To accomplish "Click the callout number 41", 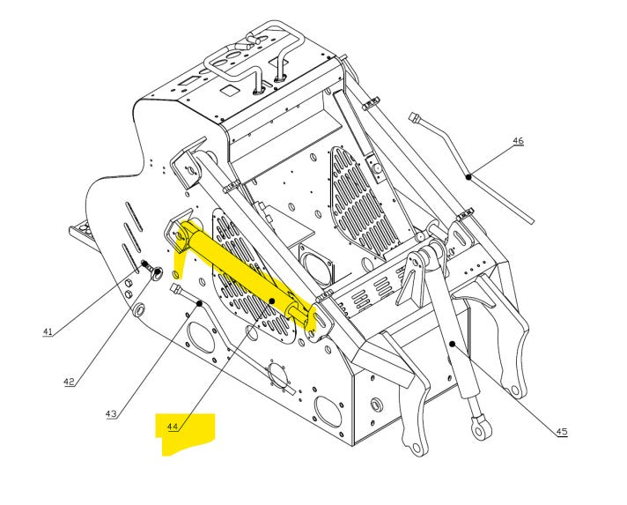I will (x=48, y=331).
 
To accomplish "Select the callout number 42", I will (x=69, y=382).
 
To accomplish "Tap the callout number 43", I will (x=111, y=413).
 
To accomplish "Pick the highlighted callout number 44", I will (x=173, y=427).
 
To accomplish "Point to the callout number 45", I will (x=561, y=431).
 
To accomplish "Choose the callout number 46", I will (x=518, y=141).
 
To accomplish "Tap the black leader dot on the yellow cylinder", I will (x=273, y=301).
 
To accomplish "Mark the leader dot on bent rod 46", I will (x=470, y=176).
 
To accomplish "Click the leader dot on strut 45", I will (x=451, y=344).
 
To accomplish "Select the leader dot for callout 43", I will (x=201, y=304).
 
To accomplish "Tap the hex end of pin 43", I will (x=177, y=289).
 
